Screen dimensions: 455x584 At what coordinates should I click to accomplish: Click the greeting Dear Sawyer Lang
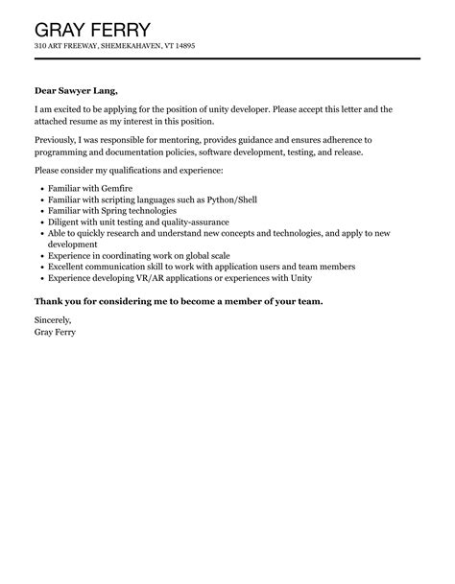pyautogui.click(x=77, y=90)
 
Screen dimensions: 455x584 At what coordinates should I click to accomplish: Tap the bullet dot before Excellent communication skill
pyautogui.click(x=41, y=268)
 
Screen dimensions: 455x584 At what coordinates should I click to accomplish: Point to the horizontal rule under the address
pyautogui.click(x=227, y=59)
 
